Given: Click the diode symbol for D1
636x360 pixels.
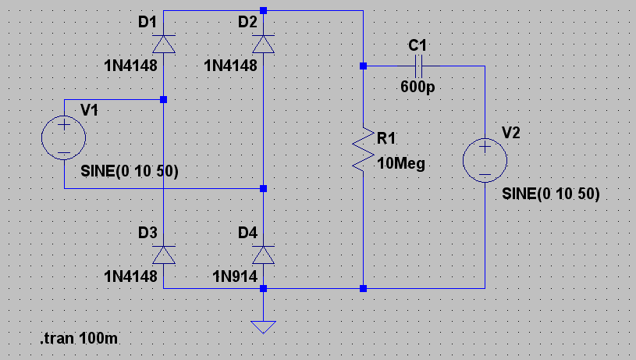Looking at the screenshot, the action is pos(163,45).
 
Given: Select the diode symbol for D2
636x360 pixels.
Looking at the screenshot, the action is pos(263,45).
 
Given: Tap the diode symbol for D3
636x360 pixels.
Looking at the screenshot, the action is pos(163,255).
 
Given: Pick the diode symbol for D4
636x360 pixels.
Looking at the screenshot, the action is pos(263,255).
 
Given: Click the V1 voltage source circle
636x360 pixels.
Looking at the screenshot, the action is pos(64,137).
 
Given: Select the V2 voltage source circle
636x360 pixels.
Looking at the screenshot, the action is pos(485,160).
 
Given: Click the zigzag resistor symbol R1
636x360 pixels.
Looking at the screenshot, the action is pos(363,148).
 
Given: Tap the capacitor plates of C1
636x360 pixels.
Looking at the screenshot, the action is pos(418,66).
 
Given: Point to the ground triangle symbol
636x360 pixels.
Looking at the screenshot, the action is pos(263,326).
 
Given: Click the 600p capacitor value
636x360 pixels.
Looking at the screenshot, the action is pos(417,87).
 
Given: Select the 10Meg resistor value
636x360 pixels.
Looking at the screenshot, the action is pos(401,163).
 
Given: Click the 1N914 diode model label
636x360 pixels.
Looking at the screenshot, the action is pos(235,276).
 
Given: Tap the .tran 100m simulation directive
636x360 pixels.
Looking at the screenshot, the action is pos(79,338).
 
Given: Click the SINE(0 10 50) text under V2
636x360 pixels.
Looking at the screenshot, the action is pos(550,194).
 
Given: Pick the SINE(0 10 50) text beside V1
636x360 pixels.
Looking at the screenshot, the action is pos(130,171).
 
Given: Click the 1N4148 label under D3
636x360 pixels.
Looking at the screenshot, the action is pos(130,276).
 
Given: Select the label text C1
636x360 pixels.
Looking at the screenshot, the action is pos(417,45).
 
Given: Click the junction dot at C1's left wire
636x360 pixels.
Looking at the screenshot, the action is pos(363,66).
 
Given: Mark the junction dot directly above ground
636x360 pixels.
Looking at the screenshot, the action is pos(263,289).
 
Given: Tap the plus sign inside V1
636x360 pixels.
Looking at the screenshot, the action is pos(64,125).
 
